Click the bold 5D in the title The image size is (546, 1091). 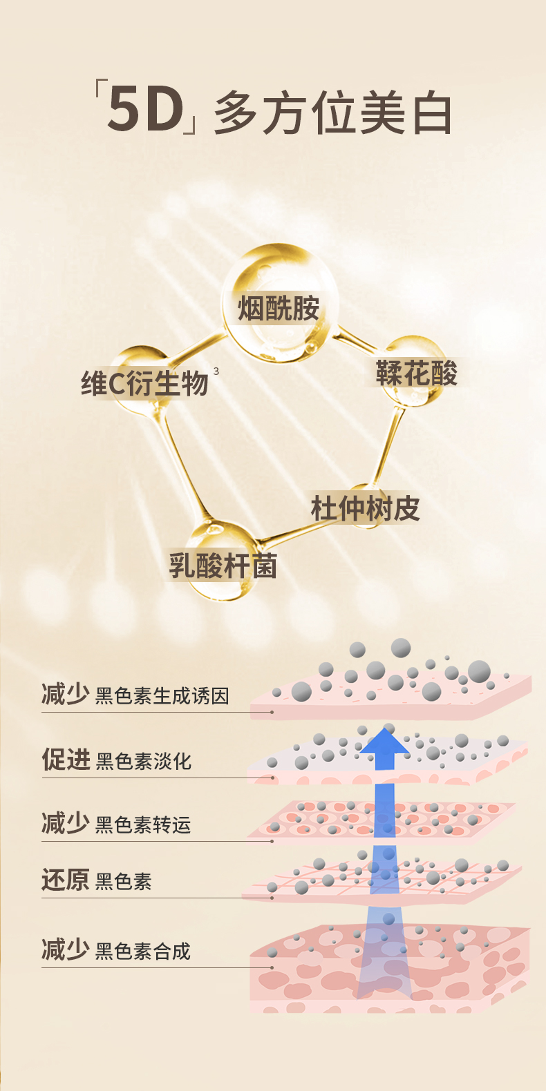pyautogui.click(x=145, y=110)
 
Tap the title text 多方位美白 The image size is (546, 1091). pyautogui.click(x=333, y=113)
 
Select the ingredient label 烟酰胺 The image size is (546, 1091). pyautogui.click(x=279, y=309)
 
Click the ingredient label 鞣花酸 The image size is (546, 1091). pyautogui.click(x=416, y=374)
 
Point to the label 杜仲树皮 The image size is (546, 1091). pyautogui.click(x=365, y=509)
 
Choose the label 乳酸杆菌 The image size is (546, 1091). pyautogui.click(x=223, y=566)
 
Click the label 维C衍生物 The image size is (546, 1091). pyautogui.click(x=144, y=383)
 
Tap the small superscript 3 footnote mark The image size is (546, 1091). pyautogui.click(x=216, y=371)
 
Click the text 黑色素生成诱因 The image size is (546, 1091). pyautogui.click(x=162, y=695)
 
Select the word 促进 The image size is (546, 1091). pyautogui.click(x=66, y=759)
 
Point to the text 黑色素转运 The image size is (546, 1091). pyautogui.click(x=143, y=824)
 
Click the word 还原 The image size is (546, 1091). pyautogui.click(x=65, y=880)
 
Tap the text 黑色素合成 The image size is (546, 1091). pyautogui.click(x=143, y=952)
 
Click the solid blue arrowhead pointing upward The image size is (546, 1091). pyautogui.click(x=384, y=746)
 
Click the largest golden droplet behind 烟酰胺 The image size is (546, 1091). pyautogui.click(x=280, y=304)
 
